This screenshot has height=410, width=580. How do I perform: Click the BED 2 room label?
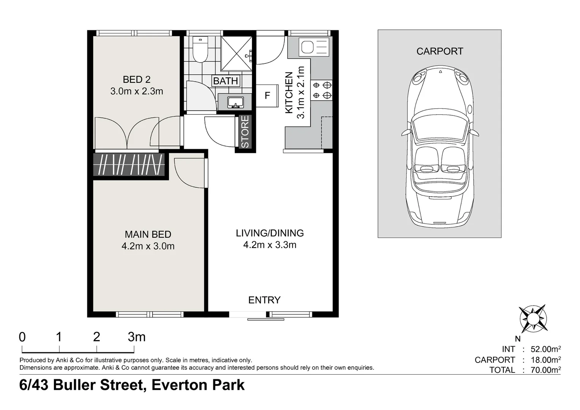tap(136, 79)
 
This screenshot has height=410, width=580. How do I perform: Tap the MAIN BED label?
tap(148, 234)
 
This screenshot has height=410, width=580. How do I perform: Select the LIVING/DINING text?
tap(270, 233)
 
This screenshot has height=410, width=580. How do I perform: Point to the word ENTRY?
tap(264, 300)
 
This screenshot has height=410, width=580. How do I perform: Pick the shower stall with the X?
tap(236, 54)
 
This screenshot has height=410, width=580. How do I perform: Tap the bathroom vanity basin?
tap(235, 102)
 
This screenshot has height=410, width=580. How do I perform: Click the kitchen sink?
tap(314, 47)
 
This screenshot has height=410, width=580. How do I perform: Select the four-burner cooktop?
tap(322, 90)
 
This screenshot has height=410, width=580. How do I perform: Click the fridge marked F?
tap(267, 96)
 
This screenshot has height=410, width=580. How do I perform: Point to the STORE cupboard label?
tap(245, 132)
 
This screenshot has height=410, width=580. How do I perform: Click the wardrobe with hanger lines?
tap(129, 164)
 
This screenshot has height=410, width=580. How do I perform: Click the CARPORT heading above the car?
tap(440, 51)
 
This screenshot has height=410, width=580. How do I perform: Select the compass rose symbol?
tap(533, 319)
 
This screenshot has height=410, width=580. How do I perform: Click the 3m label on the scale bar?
tap(136, 337)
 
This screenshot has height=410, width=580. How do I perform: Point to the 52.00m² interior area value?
tap(545, 349)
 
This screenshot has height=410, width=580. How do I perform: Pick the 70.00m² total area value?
tap(545, 370)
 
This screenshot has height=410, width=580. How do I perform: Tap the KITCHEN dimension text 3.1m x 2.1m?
tap(300, 93)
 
